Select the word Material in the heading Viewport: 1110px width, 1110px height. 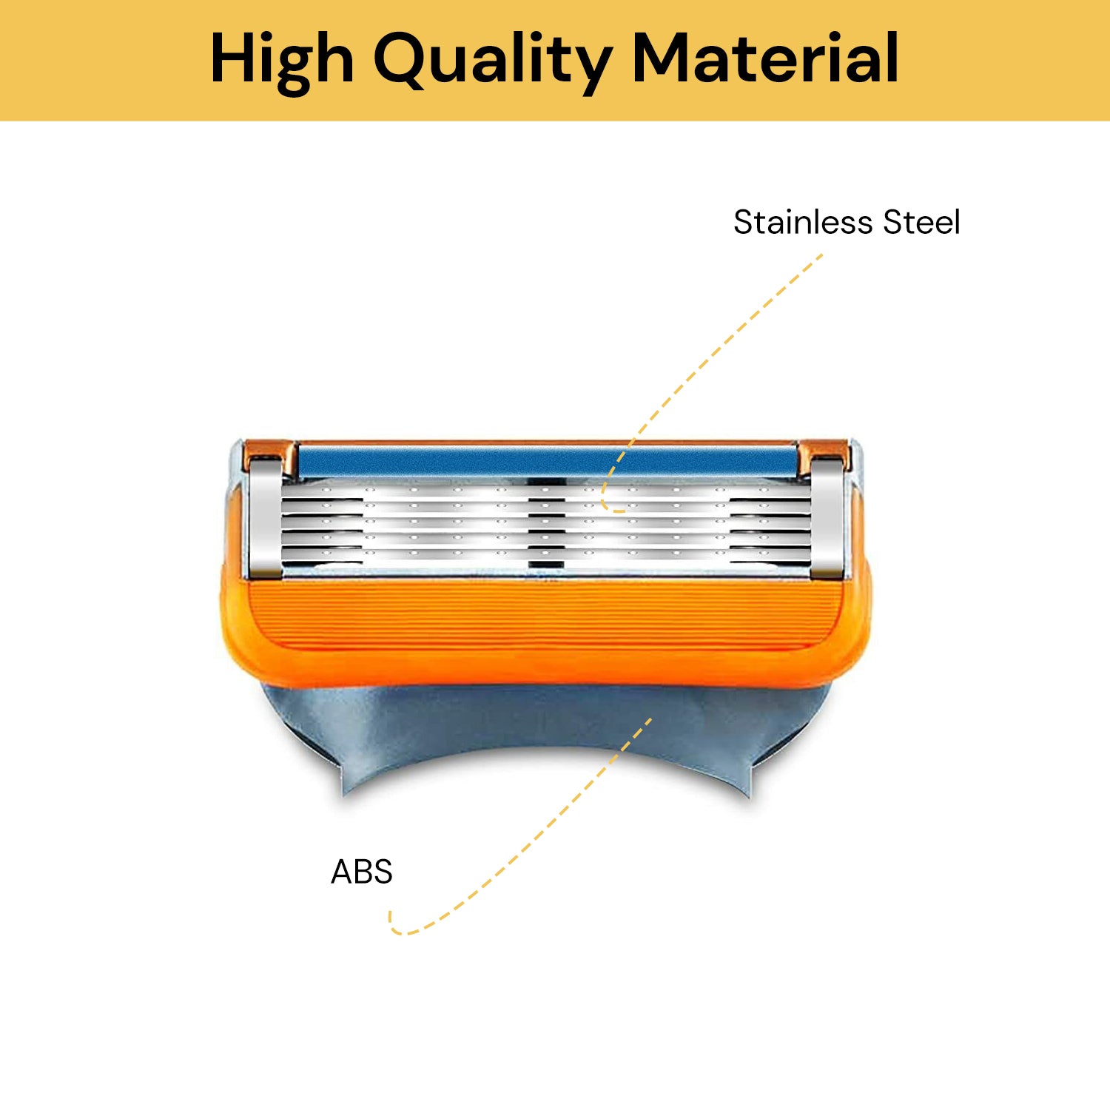(766, 58)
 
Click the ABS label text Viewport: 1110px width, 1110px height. (361, 872)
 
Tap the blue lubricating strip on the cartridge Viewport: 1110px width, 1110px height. (548, 461)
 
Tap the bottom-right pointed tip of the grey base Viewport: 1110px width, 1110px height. (749, 796)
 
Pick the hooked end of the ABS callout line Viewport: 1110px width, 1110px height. (396, 928)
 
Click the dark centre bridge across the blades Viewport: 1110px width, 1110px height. (547, 529)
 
